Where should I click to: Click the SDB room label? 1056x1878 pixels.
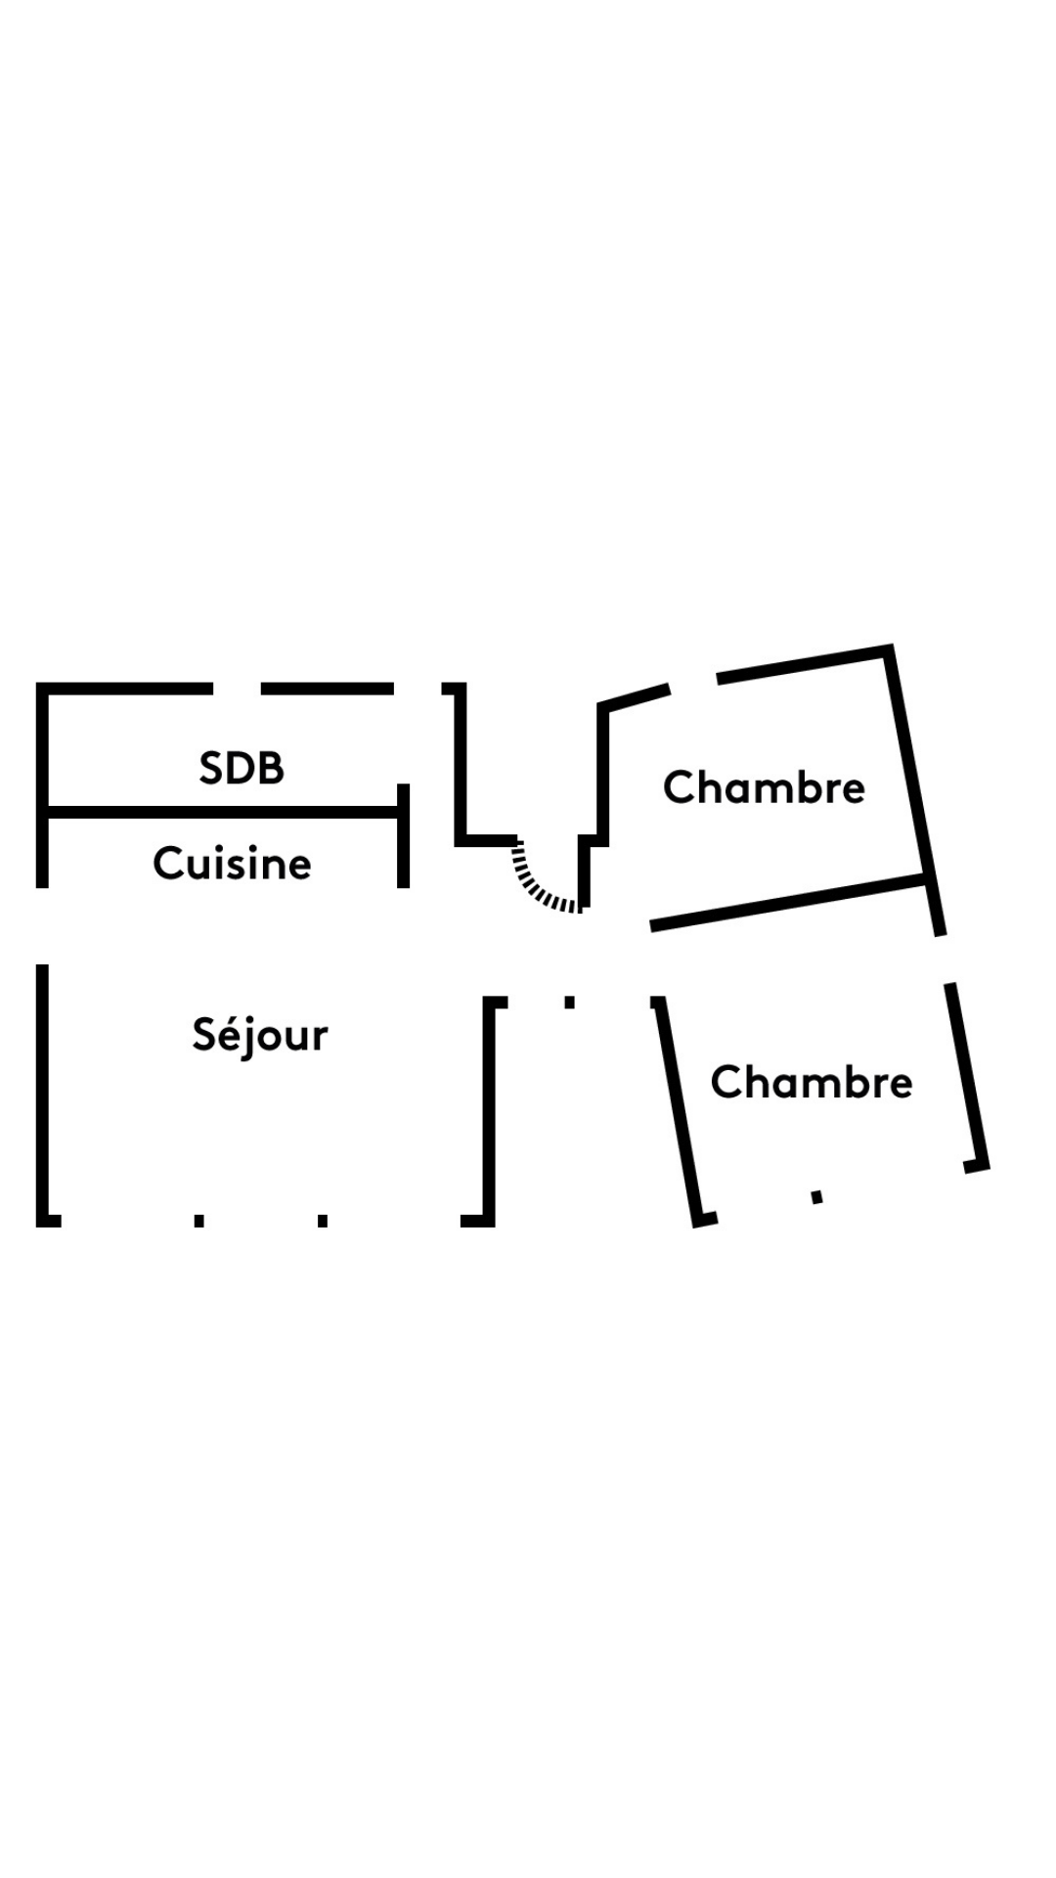(242, 768)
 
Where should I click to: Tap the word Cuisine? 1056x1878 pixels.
(233, 864)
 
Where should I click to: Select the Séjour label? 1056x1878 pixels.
(260, 1035)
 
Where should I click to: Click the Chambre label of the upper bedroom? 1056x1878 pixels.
(765, 787)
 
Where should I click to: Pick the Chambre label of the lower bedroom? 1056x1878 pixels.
(812, 1082)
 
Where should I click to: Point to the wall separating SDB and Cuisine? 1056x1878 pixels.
(223, 812)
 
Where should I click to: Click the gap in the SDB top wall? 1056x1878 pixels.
(237, 689)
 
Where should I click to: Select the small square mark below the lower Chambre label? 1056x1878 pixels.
(817, 1196)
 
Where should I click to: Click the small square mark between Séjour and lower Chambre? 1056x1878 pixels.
(570, 1002)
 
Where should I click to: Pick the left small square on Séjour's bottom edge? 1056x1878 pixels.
(199, 1220)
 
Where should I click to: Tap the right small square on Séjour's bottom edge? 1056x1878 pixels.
(323, 1220)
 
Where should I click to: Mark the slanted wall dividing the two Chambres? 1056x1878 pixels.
(788, 903)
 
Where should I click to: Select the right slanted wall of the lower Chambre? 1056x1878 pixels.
(967, 1077)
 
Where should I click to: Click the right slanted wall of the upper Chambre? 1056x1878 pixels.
(915, 790)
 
